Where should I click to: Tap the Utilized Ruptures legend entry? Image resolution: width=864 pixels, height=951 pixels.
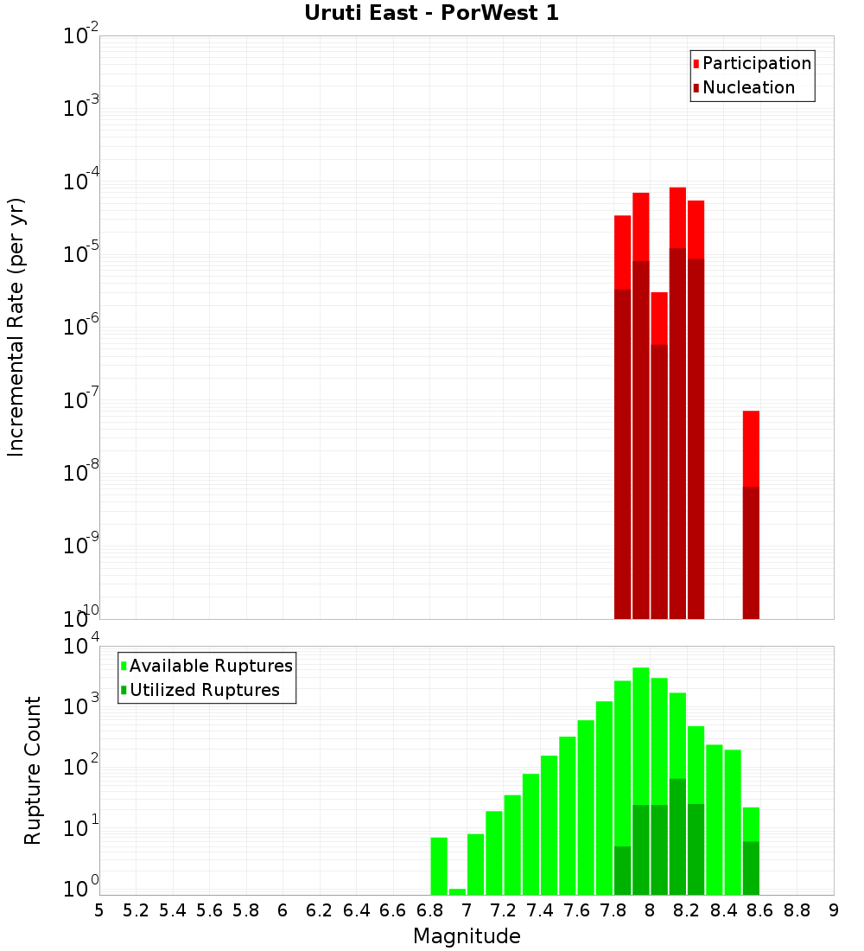tap(204, 690)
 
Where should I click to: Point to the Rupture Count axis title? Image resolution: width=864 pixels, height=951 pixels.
tap(33, 770)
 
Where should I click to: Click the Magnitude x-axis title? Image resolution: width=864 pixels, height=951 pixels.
tap(467, 936)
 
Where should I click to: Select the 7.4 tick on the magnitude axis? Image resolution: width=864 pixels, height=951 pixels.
tap(540, 910)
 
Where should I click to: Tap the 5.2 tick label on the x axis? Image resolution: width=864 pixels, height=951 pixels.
tap(136, 910)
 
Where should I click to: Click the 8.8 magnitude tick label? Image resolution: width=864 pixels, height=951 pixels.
tap(797, 910)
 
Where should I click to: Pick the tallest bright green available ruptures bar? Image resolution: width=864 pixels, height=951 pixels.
tap(641, 735)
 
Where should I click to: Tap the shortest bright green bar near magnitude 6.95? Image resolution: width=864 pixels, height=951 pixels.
tap(457, 891)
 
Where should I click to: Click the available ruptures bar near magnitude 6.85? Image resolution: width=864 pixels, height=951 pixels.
tap(439, 865)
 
